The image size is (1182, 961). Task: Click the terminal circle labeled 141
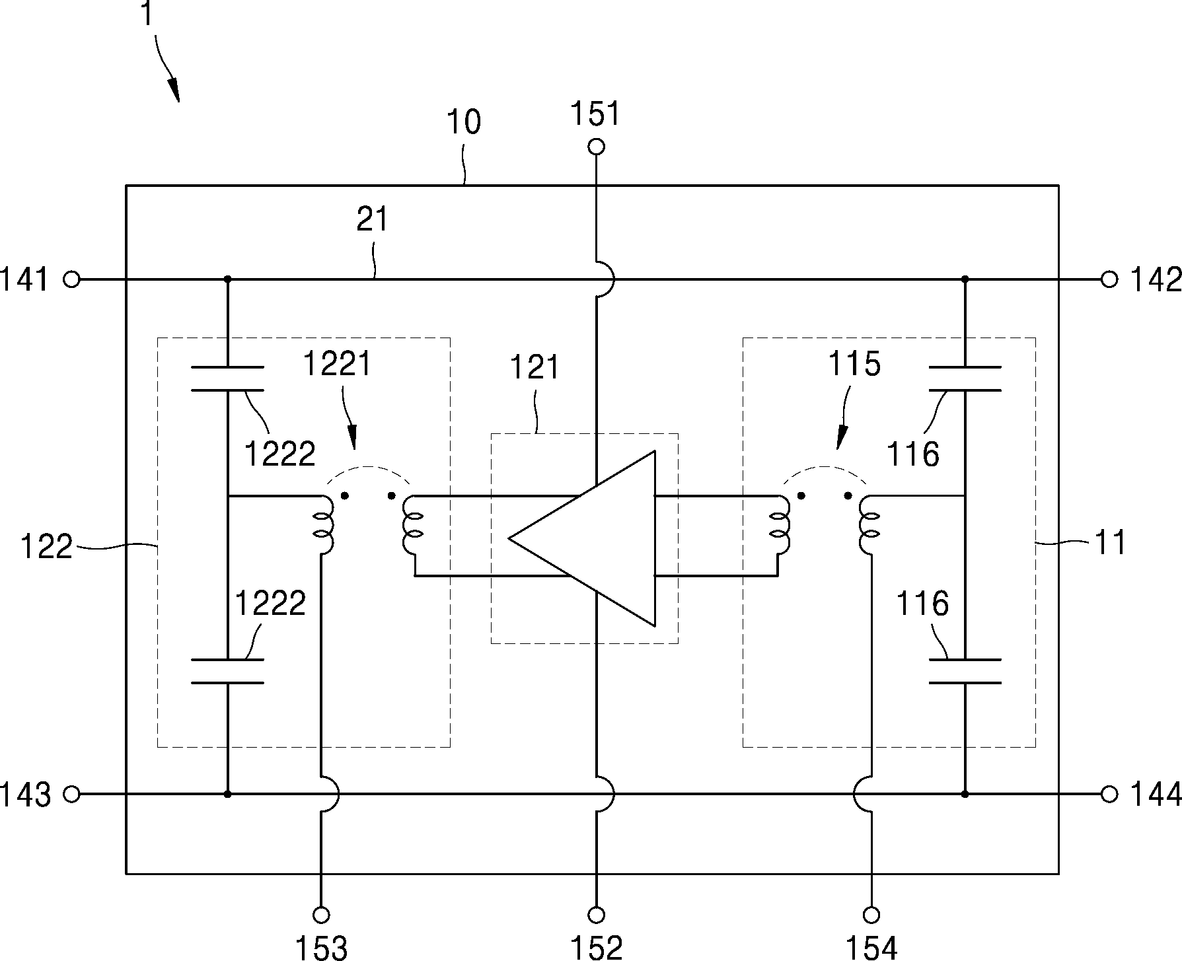click(x=71, y=279)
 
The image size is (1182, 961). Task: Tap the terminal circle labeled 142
click(x=1109, y=279)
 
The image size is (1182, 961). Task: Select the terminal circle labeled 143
click(x=71, y=793)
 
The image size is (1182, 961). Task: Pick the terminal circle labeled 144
click(x=1109, y=793)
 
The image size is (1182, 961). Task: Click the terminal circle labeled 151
click(x=596, y=147)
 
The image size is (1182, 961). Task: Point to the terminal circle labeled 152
click(x=596, y=915)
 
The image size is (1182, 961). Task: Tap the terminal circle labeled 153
click(x=321, y=915)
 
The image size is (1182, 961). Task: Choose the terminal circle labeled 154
click(x=871, y=915)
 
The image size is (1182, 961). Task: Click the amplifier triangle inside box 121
click(x=582, y=538)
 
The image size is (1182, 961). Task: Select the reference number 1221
click(x=338, y=364)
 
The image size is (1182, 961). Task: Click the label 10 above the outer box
click(x=464, y=122)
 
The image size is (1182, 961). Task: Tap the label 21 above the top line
click(x=373, y=219)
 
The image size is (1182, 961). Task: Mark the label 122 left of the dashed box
click(x=46, y=548)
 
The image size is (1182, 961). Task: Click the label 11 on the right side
click(x=1111, y=543)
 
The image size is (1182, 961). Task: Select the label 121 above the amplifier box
click(x=535, y=367)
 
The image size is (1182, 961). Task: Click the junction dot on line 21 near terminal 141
click(x=227, y=279)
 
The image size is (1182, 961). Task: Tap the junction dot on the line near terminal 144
click(x=965, y=793)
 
